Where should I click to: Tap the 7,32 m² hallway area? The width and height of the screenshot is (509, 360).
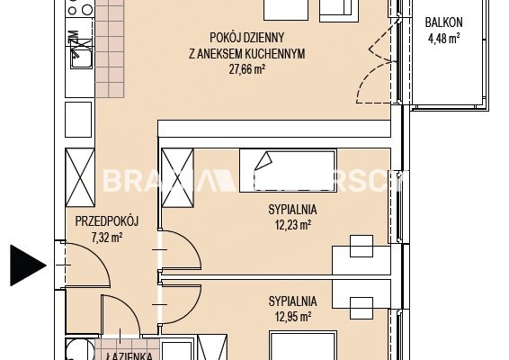click(x=106, y=238)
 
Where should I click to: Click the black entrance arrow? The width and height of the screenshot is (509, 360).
click(x=27, y=265)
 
